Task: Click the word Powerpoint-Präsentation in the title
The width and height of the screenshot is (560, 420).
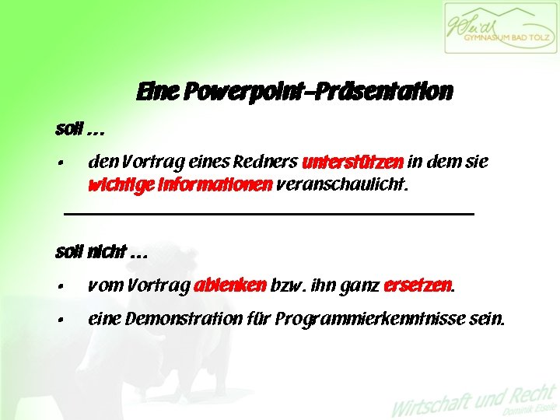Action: (318, 93)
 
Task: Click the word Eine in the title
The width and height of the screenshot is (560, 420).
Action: (157, 93)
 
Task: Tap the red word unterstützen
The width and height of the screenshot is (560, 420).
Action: (352, 163)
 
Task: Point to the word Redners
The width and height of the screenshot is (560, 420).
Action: (267, 163)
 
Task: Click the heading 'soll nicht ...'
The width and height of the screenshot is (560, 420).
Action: (101, 252)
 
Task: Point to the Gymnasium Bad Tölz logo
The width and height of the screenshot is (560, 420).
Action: (499, 28)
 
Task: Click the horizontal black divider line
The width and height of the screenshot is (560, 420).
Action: (268, 213)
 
